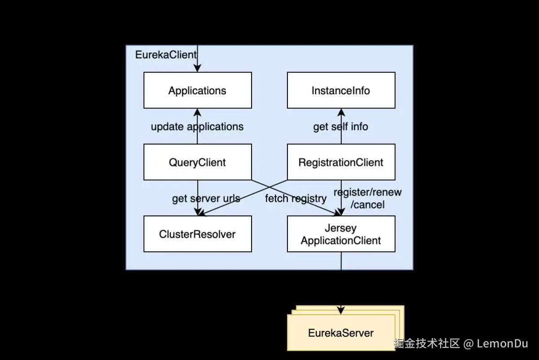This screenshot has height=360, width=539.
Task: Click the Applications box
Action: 197,90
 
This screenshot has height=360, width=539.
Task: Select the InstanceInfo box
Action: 341,90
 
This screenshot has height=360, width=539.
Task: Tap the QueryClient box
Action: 197,162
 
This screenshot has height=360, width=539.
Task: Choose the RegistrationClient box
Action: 341,162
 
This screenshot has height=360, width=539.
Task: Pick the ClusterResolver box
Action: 197,234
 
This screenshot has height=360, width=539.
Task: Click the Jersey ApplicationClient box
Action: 341,234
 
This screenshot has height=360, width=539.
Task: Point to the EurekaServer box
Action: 341,333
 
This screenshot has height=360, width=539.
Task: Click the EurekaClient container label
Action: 166,55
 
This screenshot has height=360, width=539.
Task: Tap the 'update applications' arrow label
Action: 197,127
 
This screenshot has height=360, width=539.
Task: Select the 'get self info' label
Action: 340,127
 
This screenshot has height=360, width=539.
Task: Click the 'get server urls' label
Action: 206,198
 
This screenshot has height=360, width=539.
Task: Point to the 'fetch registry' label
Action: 295,198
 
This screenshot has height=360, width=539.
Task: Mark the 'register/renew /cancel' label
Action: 367,198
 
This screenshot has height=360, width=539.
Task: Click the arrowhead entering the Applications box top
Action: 197,68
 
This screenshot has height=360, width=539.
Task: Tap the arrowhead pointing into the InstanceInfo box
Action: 341,112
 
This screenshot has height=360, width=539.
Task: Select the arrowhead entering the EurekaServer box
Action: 341,310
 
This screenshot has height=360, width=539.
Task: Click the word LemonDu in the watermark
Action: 502,344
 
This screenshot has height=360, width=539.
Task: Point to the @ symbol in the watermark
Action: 468,344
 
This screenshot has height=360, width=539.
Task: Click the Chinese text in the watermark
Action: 427,344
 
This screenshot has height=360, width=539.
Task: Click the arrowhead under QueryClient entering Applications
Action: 197,112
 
